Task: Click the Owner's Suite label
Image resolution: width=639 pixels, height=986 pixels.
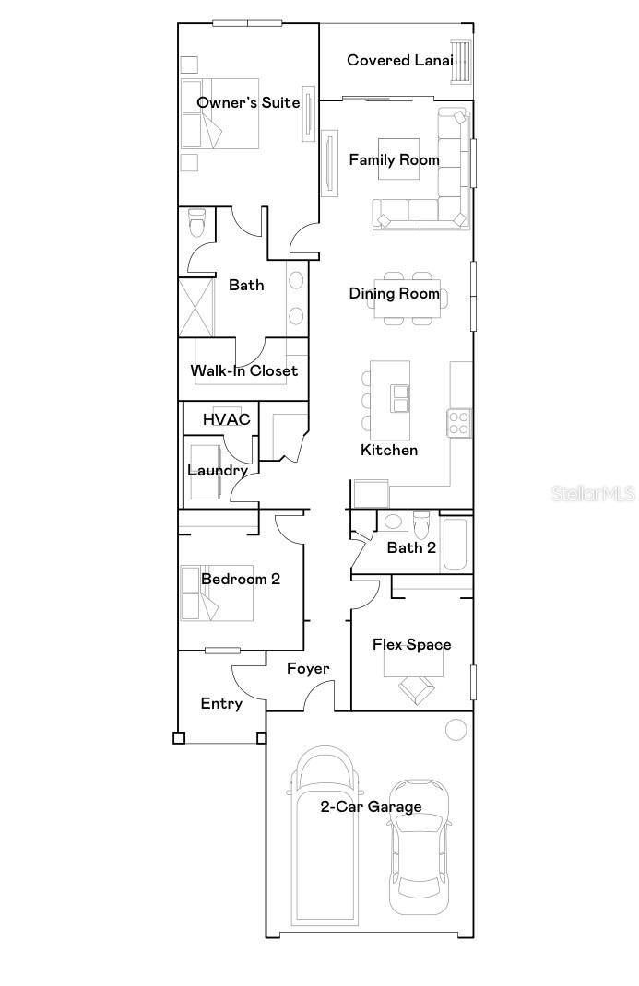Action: point(248,102)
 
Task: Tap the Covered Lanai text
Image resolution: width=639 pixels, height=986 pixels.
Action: point(400,60)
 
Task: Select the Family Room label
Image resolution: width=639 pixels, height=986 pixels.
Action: point(394,159)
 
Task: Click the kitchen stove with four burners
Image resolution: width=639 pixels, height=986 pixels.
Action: point(459,423)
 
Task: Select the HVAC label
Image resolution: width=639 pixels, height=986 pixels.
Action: point(227,419)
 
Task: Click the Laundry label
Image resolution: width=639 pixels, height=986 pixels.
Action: point(218,471)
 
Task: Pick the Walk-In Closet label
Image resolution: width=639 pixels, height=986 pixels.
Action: point(243,371)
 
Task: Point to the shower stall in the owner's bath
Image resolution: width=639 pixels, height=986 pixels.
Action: point(196,307)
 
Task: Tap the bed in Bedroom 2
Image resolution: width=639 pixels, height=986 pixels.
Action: point(218,593)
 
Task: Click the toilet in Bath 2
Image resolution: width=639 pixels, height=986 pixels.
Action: point(421,525)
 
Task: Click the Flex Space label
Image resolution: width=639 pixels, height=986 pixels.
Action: point(411,644)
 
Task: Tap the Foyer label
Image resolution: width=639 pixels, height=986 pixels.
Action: point(307,668)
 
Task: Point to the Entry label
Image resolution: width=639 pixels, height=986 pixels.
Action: point(221,703)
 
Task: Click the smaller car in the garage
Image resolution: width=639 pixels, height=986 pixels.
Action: point(420,848)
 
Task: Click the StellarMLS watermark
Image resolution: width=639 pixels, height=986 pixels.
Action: point(593,494)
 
